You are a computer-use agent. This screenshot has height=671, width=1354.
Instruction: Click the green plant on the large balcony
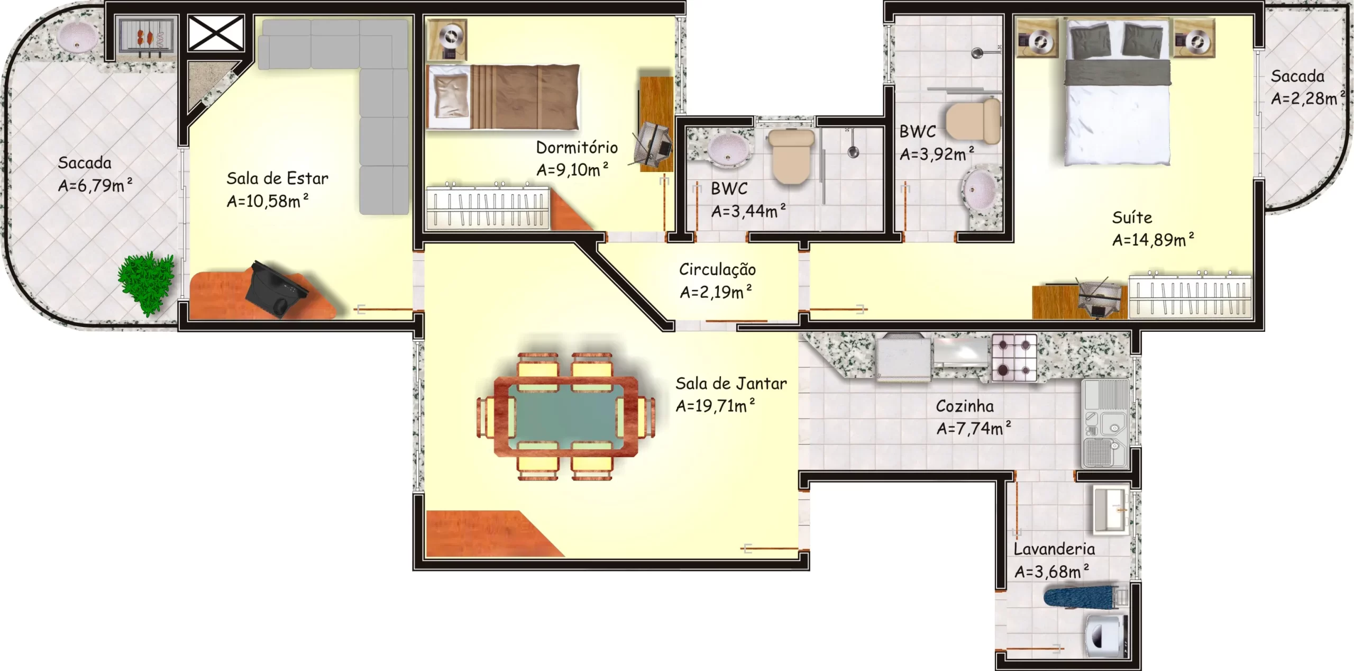click(146, 283)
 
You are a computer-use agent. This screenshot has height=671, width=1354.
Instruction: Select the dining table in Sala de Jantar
click(565, 416)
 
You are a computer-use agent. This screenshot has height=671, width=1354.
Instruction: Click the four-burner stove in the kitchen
click(1014, 357)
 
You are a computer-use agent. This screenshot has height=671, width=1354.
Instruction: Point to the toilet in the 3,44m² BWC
click(791, 156)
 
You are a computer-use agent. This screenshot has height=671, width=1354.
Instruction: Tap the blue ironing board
click(1082, 598)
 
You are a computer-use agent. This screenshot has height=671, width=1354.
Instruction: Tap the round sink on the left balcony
click(78, 37)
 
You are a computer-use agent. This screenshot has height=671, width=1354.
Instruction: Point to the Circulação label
click(717, 269)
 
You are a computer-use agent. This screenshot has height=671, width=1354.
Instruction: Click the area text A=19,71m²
click(715, 405)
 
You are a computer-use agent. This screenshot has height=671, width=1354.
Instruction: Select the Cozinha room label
click(965, 406)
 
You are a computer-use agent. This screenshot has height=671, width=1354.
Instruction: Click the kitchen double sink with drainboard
click(1105, 424)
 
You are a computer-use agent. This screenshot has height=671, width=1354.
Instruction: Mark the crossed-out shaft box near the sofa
click(216, 33)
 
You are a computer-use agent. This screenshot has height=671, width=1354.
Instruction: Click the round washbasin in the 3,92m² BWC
click(980, 189)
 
